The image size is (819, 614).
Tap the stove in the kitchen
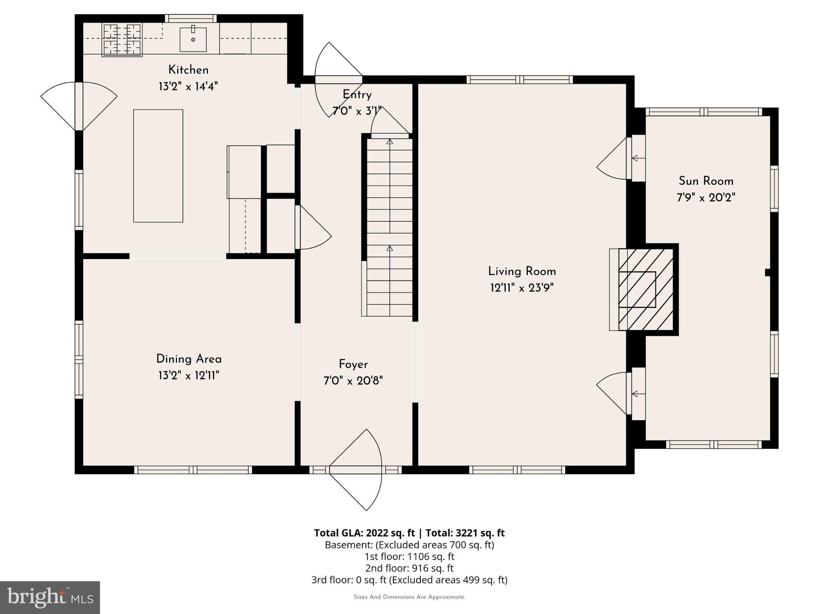122,40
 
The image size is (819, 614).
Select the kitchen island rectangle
158,166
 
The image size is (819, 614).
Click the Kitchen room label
188,70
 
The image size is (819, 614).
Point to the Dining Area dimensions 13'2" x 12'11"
189,375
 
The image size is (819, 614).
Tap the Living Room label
522,271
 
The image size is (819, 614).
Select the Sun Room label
706,181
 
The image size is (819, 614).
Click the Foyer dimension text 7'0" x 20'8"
353,381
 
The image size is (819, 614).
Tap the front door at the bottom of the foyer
355,470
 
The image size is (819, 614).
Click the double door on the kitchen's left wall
79,106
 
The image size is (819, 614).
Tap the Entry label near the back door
357,95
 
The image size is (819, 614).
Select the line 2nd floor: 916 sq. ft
409,568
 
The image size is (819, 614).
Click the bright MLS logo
50,597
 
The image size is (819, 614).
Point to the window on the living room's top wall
519,80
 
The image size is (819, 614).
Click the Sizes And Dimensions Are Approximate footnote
409,597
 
